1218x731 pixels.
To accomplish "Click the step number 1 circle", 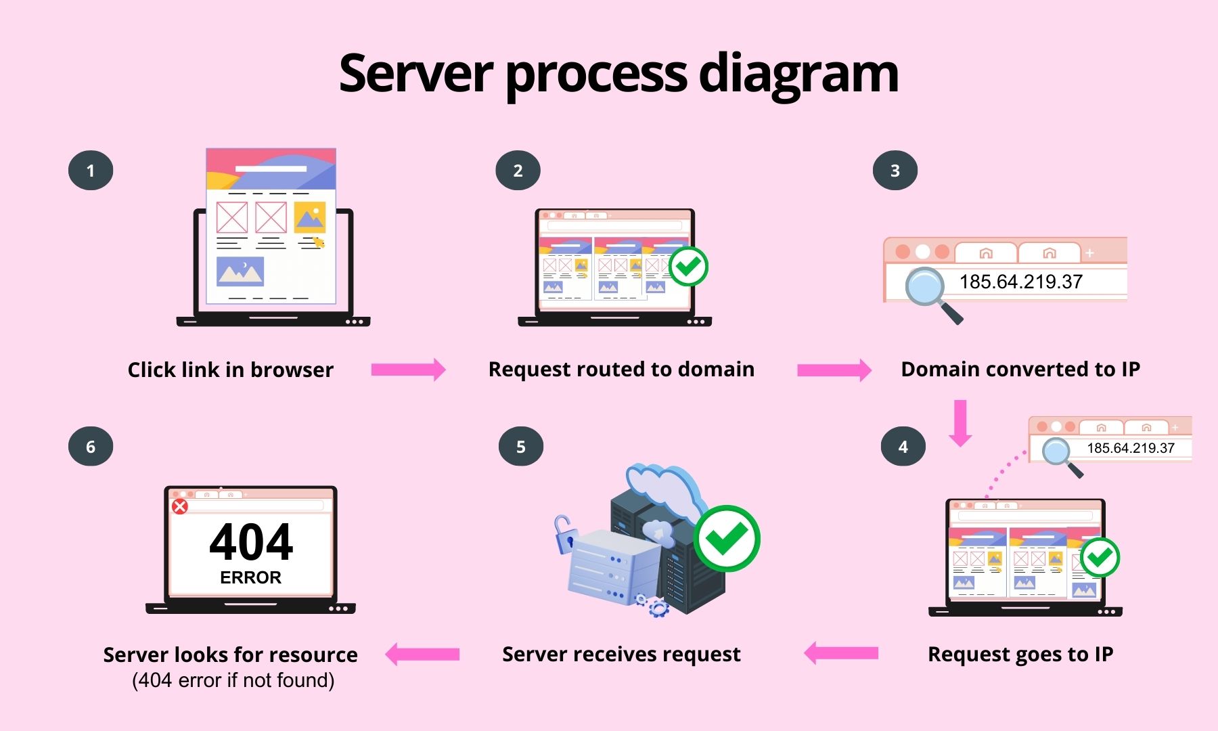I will click(x=91, y=171).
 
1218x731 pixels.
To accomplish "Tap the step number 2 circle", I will click(x=518, y=171).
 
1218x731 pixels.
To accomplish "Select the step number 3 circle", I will click(x=895, y=171).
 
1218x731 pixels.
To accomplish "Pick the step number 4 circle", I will click(x=903, y=447).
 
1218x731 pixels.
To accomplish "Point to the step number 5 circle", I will click(x=520, y=447).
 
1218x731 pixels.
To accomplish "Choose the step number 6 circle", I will click(x=91, y=447).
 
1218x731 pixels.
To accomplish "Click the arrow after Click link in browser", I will click(x=408, y=370).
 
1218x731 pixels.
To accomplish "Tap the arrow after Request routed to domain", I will click(x=834, y=370).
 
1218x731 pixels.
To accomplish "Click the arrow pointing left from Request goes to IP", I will click(x=841, y=653).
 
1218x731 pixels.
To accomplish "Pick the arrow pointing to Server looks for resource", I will click(x=422, y=654).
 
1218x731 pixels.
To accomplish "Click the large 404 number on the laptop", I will click(x=251, y=542).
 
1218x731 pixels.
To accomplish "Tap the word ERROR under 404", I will click(x=250, y=577).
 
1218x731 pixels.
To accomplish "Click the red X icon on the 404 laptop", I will click(x=179, y=506).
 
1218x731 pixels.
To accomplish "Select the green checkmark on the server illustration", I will click(x=727, y=539).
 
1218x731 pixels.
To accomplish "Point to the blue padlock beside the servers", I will click(x=563, y=535).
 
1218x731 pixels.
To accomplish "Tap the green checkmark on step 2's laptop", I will click(x=688, y=267).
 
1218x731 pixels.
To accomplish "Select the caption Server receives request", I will click(x=621, y=654).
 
